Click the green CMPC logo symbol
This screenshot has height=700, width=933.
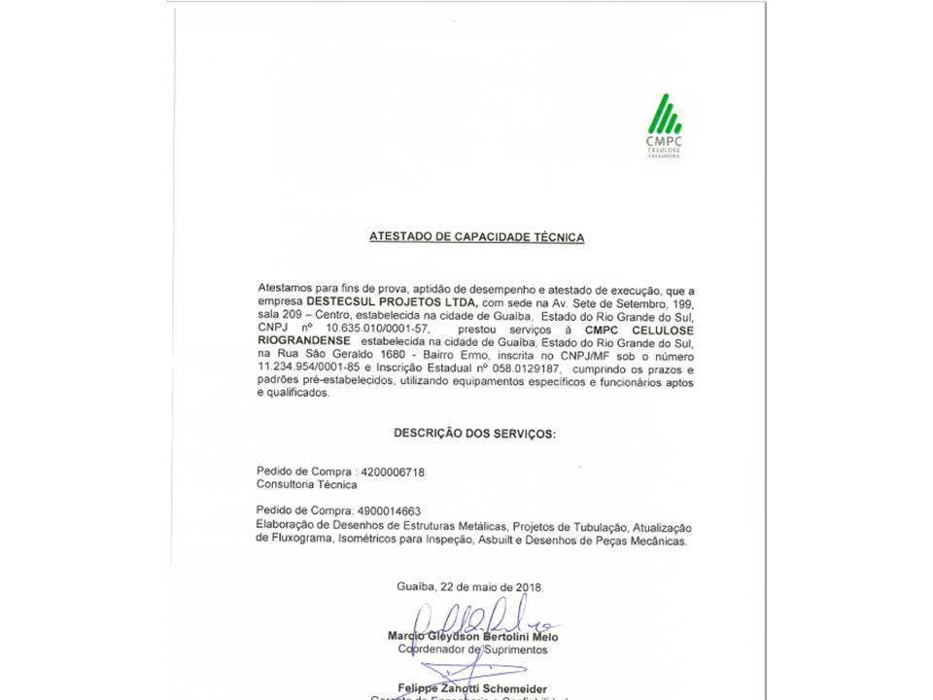tap(664, 114)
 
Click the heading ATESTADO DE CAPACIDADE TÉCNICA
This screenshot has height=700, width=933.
tap(476, 237)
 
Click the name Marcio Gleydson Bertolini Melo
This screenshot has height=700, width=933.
tap(472, 637)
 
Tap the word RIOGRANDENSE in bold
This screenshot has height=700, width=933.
tap(304, 343)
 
